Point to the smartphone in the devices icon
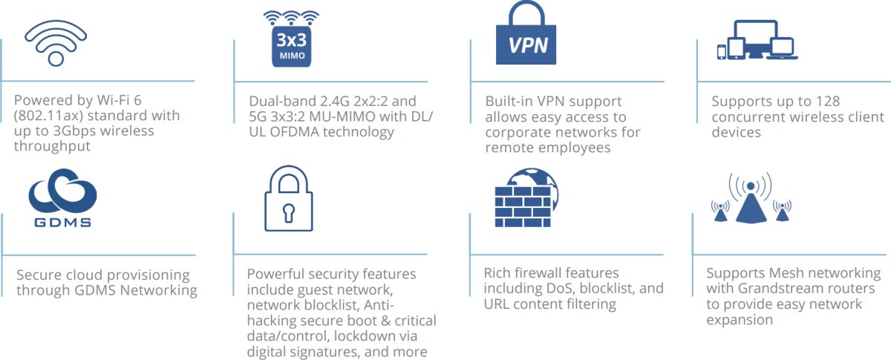tap(721, 51)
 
